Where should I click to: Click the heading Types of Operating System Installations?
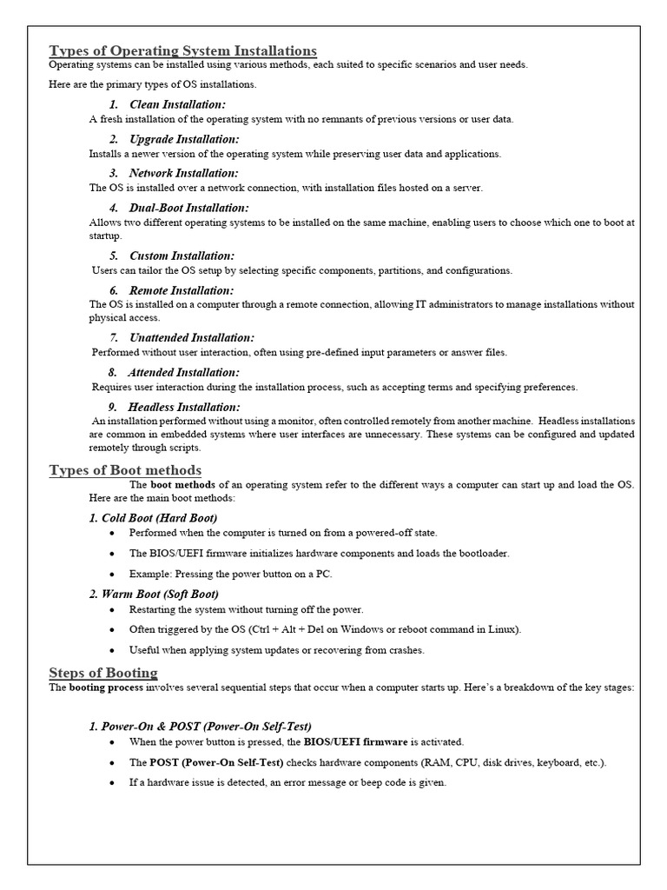182,50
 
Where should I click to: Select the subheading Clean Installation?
177,104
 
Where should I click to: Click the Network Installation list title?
183,173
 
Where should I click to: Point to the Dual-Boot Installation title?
188,208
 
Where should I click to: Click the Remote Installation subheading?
182,290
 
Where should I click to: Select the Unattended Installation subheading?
192,337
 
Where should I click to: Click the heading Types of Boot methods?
125,470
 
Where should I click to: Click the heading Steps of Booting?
103,672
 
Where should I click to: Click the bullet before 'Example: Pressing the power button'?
112,575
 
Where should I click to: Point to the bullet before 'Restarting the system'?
112,610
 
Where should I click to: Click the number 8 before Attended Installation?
113,372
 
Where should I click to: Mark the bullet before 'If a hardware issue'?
112,783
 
